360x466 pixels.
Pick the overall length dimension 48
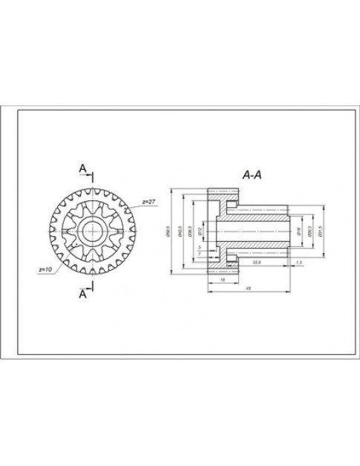[x=246, y=288]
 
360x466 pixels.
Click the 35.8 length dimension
[x=257, y=261]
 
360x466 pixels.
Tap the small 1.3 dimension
[x=298, y=261]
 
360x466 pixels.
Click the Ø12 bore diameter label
[x=200, y=232]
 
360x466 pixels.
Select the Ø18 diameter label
[x=297, y=232]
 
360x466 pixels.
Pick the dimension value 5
[x=199, y=247]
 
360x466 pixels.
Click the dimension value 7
[x=200, y=255]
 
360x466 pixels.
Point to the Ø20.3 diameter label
[x=308, y=232]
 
